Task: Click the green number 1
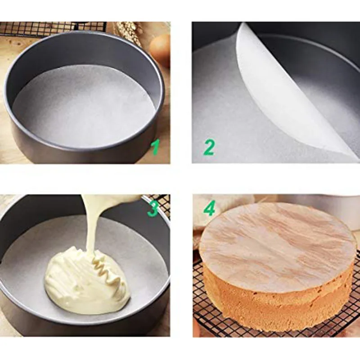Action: click(155, 147)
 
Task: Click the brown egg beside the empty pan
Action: click(161, 49)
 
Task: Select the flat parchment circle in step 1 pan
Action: click(83, 106)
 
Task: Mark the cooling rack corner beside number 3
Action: click(162, 202)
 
